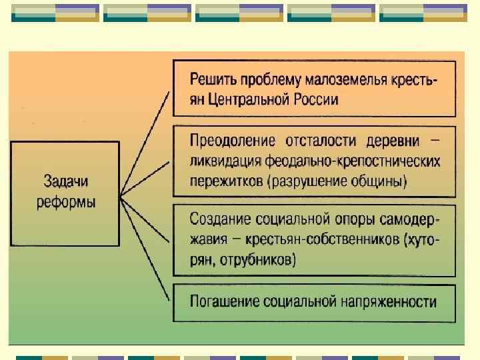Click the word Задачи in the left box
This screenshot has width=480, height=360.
65,181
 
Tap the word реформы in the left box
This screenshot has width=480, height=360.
65,201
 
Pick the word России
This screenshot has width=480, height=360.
317,100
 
